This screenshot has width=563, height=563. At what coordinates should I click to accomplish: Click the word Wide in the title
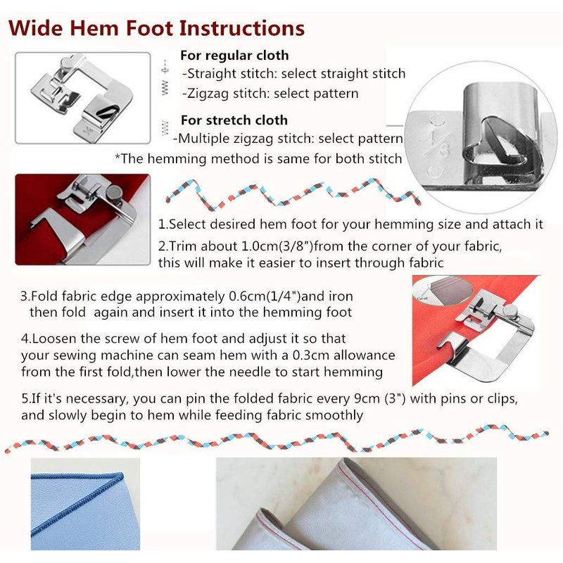[35, 28]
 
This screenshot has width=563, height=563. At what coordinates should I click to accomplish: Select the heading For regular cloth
[234, 56]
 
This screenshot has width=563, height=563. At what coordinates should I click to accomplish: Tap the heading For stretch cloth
[234, 120]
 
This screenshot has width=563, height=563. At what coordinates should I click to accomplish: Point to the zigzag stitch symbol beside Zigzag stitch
[165, 88]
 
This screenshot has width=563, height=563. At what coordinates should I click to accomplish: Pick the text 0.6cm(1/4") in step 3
[265, 296]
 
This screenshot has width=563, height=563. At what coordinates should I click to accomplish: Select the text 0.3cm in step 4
[311, 355]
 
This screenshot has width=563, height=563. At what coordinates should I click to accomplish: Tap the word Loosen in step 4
[54, 339]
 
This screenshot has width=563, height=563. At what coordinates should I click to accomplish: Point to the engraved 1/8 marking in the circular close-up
[438, 144]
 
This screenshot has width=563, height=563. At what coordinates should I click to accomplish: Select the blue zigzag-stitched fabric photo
[85, 504]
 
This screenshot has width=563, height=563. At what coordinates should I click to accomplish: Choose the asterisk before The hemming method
[118, 156]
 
